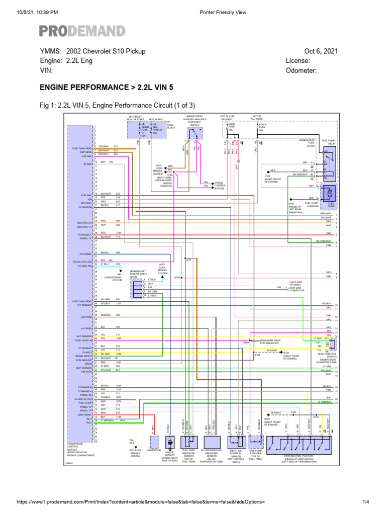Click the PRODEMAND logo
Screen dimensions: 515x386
(x=83, y=30)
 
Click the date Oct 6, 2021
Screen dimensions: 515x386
(x=321, y=51)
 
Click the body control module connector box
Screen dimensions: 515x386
(x=329, y=344)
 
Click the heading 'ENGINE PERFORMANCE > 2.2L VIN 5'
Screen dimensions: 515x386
(x=107, y=87)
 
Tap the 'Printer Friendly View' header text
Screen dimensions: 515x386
(x=223, y=12)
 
